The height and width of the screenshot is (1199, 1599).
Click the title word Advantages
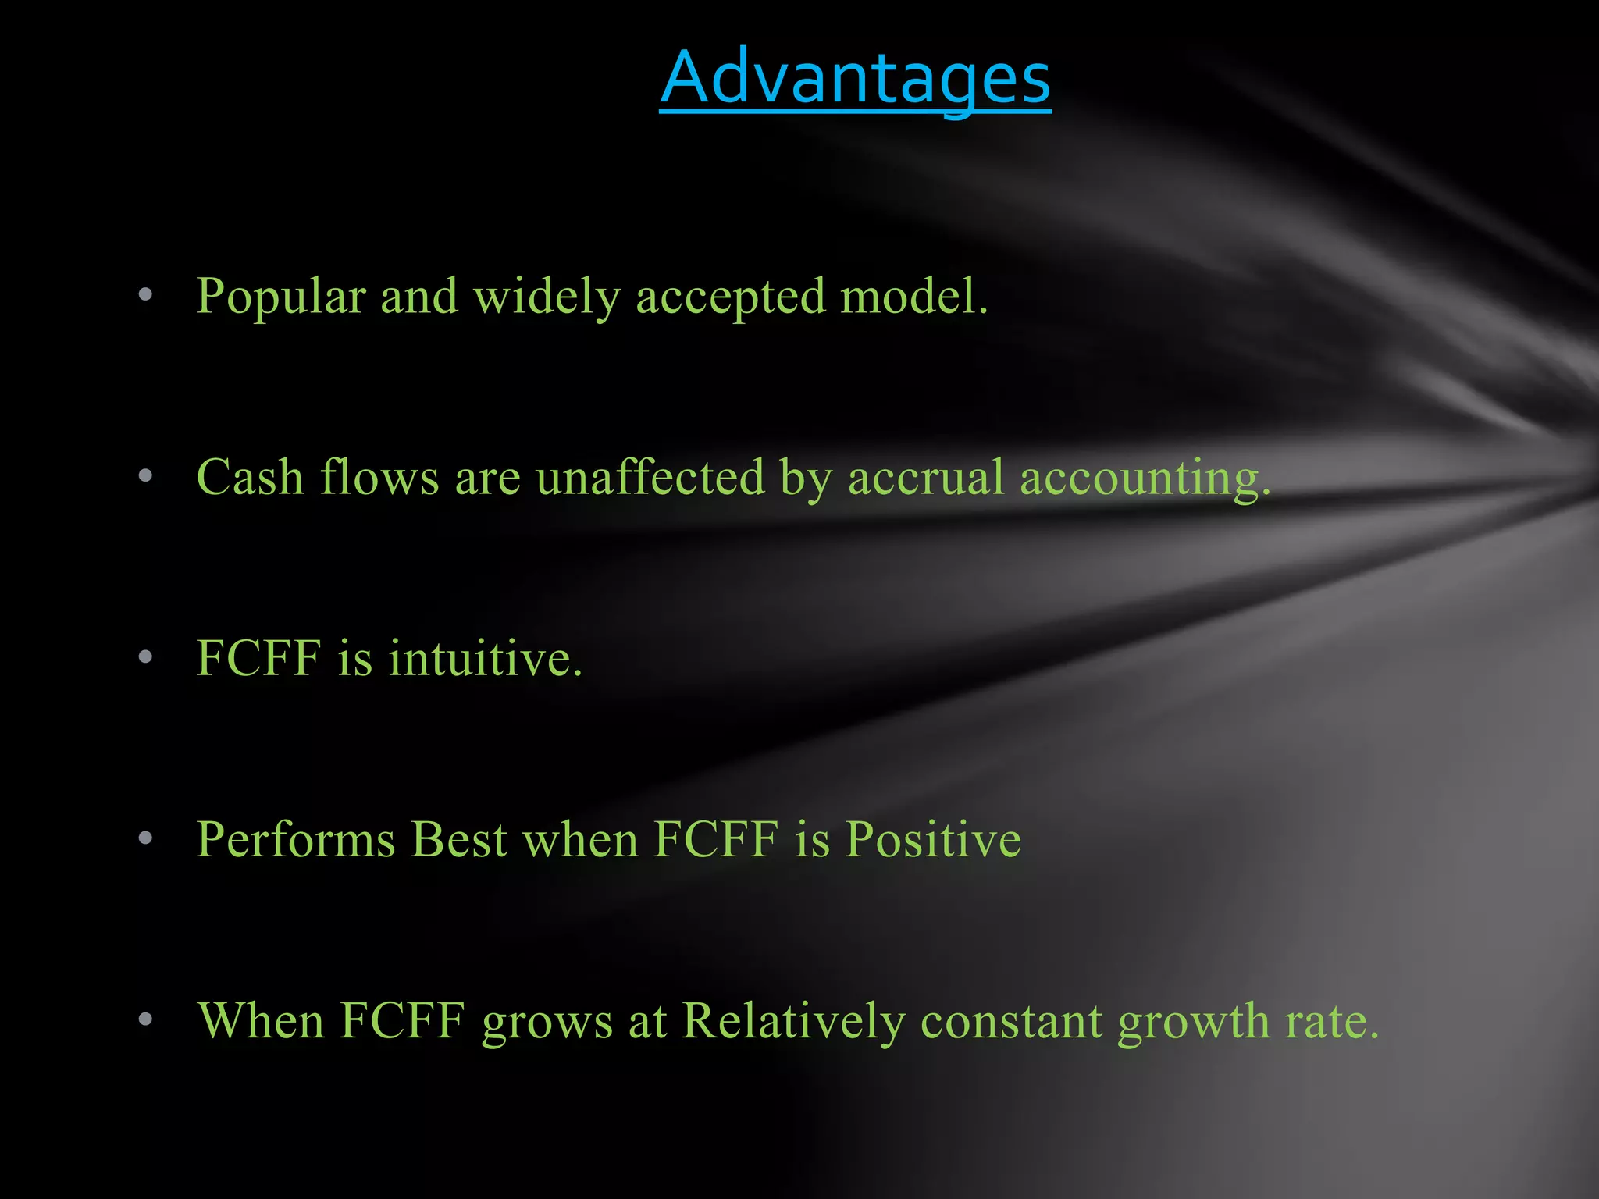click(x=855, y=78)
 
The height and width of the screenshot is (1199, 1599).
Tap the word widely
click(x=547, y=297)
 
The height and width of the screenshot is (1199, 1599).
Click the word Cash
click(x=250, y=477)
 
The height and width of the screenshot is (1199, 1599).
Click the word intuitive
click(x=485, y=658)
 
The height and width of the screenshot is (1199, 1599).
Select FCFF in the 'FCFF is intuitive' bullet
click(x=258, y=658)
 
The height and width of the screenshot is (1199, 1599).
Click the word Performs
click(x=296, y=840)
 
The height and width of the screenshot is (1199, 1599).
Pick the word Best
click(x=459, y=840)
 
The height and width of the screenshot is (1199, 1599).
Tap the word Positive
click(x=933, y=840)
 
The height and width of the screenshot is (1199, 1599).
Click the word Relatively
click(x=793, y=1021)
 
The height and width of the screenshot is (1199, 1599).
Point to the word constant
click(x=1011, y=1021)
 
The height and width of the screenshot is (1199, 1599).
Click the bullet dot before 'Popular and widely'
click(x=145, y=295)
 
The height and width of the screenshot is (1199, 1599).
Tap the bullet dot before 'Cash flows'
click(x=145, y=476)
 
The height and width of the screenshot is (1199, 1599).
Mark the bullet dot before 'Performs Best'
click(x=145, y=838)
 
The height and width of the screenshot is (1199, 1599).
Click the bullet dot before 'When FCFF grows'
click(x=145, y=1019)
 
